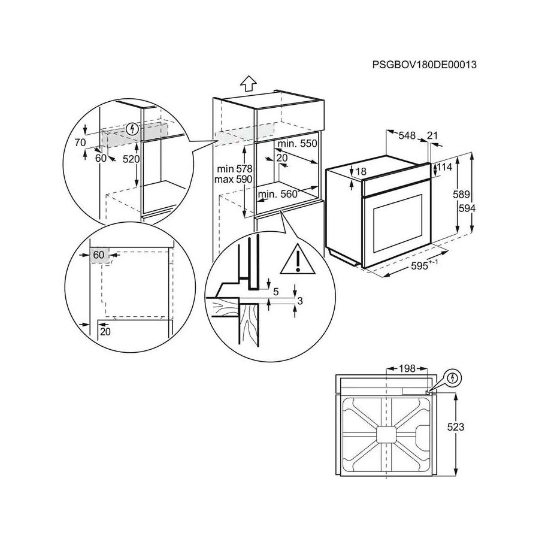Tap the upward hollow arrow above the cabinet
click(247, 83)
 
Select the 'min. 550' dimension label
click(298, 144)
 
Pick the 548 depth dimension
click(408, 136)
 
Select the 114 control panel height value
click(444, 168)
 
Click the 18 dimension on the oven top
click(361, 171)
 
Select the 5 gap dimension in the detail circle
click(276, 292)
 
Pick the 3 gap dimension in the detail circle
click(300, 301)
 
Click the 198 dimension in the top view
click(406, 368)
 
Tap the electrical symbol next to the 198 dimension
click(453, 378)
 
